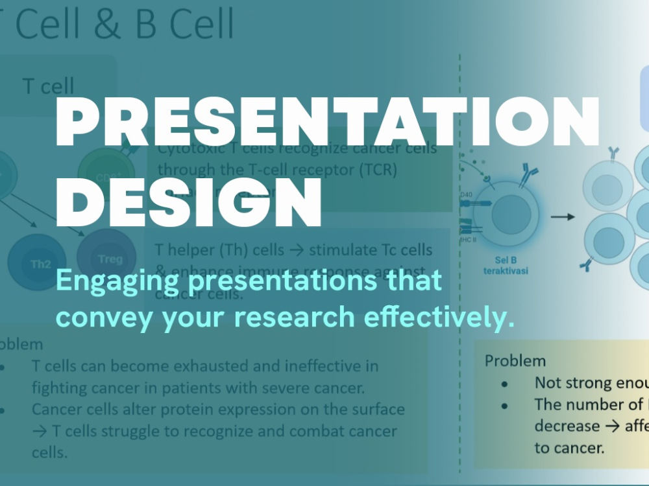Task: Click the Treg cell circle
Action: point(107,259)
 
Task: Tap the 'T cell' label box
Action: point(49,86)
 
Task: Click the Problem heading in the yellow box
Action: point(515,360)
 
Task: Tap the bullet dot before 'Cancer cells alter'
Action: point(3,410)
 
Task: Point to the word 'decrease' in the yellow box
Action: point(567,426)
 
